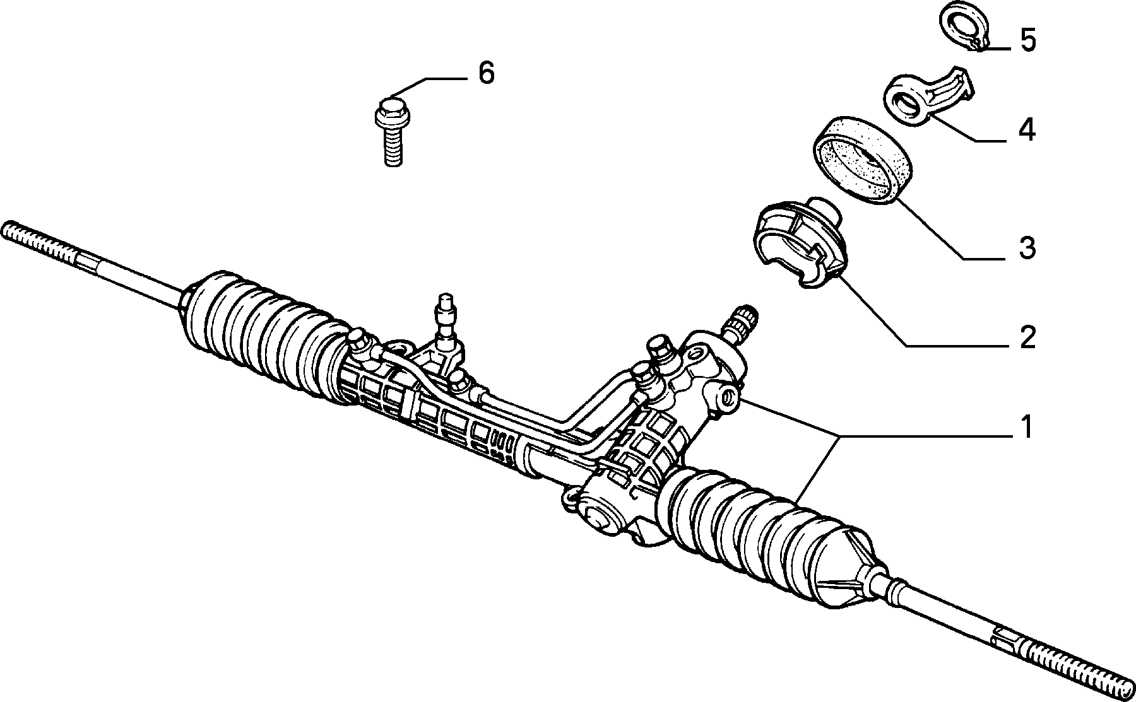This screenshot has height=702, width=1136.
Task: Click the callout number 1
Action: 1027,427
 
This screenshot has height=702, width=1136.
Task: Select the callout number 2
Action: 1027,337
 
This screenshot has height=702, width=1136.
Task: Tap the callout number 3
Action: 1027,248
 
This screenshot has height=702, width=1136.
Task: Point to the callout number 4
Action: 1027,130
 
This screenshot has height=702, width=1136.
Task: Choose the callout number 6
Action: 485,73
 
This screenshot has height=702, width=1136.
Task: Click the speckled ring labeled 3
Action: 861,160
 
